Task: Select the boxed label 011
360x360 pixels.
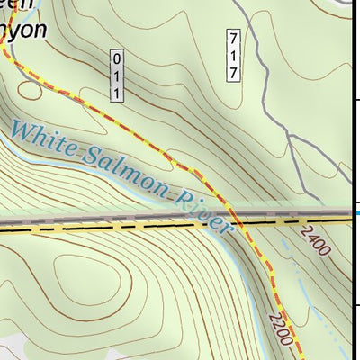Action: [116, 75]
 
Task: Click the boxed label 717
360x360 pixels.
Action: [232, 56]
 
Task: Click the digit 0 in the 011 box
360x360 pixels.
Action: [116, 58]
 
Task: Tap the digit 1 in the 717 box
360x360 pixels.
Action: [232, 56]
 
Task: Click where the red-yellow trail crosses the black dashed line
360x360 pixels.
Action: [236, 221]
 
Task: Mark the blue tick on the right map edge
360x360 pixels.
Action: [355, 212]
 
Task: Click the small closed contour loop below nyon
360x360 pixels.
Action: [31, 87]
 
